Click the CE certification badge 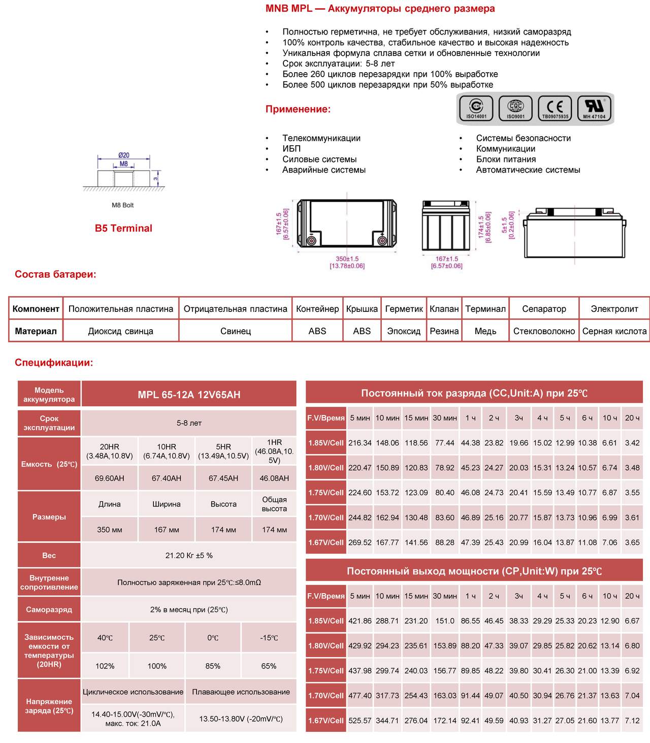pos(555,108)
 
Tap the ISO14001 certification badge pos(476,108)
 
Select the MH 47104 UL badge pos(594,108)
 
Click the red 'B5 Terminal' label pos(123,228)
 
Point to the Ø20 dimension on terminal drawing pos(124,155)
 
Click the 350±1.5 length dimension pos(347,259)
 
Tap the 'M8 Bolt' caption pos(123,205)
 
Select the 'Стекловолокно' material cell pos(544,331)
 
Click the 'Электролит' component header pos(614,309)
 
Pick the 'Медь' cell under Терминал pos(485,331)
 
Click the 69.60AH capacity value pos(109,478)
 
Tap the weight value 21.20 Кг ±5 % pos(189,555)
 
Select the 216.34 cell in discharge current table pos(360,443)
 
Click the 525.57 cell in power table pos(360,721)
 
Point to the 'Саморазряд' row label pos(49,609)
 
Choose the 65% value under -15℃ pos(269,666)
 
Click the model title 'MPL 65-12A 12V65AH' pos(189,395)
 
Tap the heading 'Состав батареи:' pos(55,274)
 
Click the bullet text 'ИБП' pos(291,148)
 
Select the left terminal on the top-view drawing pos(311,241)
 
